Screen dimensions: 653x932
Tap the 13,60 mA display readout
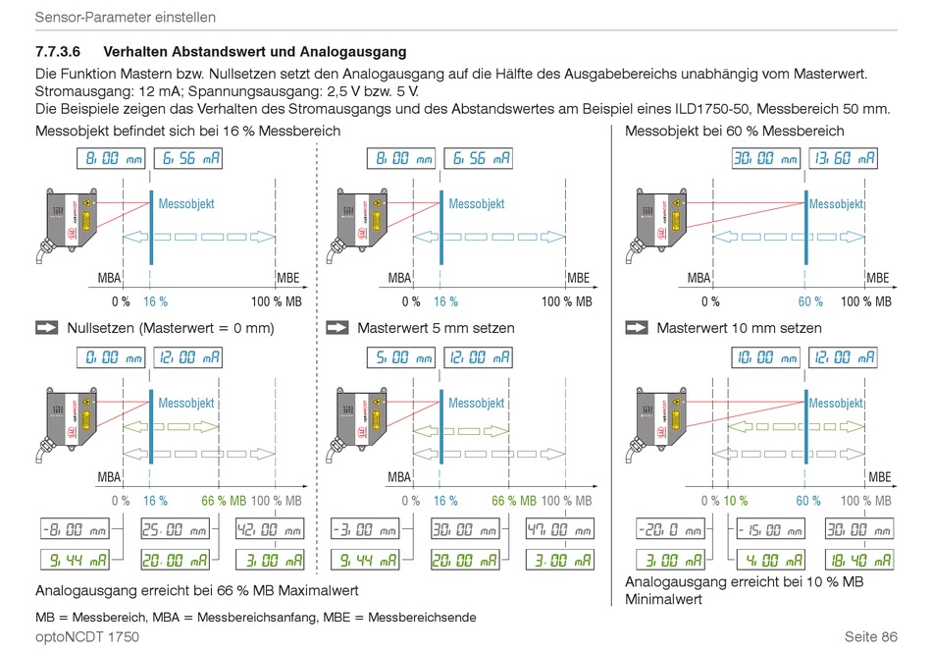point(843,158)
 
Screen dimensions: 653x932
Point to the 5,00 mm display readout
point(402,356)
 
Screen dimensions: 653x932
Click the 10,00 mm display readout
point(766,356)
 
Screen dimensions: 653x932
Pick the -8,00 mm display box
point(73,529)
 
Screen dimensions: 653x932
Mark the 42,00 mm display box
point(270,529)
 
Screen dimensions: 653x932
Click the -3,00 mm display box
point(364,529)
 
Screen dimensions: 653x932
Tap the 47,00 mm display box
point(560,529)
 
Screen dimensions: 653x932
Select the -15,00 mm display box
point(769,529)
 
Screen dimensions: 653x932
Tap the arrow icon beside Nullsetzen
point(47,328)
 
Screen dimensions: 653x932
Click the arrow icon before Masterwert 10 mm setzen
point(637,328)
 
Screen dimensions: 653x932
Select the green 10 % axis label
point(736,500)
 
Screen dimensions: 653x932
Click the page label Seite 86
point(863,636)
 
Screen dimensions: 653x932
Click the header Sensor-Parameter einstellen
point(126,18)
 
